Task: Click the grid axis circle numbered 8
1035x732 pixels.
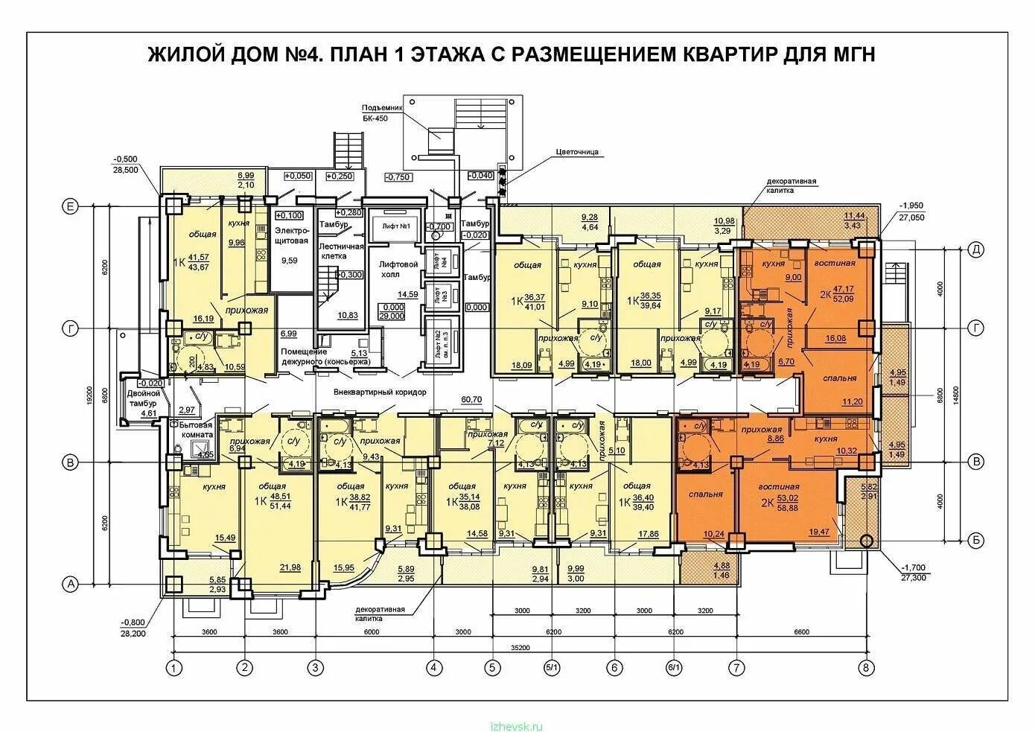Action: click(x=865, y=667)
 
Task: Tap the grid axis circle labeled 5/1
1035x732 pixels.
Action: click(x=552, y=667)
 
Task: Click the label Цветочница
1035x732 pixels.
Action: click(x=577, y=152)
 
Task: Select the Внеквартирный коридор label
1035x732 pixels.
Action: click(x=380, y=391)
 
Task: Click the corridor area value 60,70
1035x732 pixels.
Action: click(x=471, y=400)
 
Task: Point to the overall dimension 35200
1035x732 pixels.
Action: click(x=519, y=648)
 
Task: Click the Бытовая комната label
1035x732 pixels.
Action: click(x=197, y=428)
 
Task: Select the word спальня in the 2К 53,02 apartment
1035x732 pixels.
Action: click(x=706, y=494)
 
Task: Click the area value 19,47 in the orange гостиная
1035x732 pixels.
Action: click(x=818, y=532)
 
